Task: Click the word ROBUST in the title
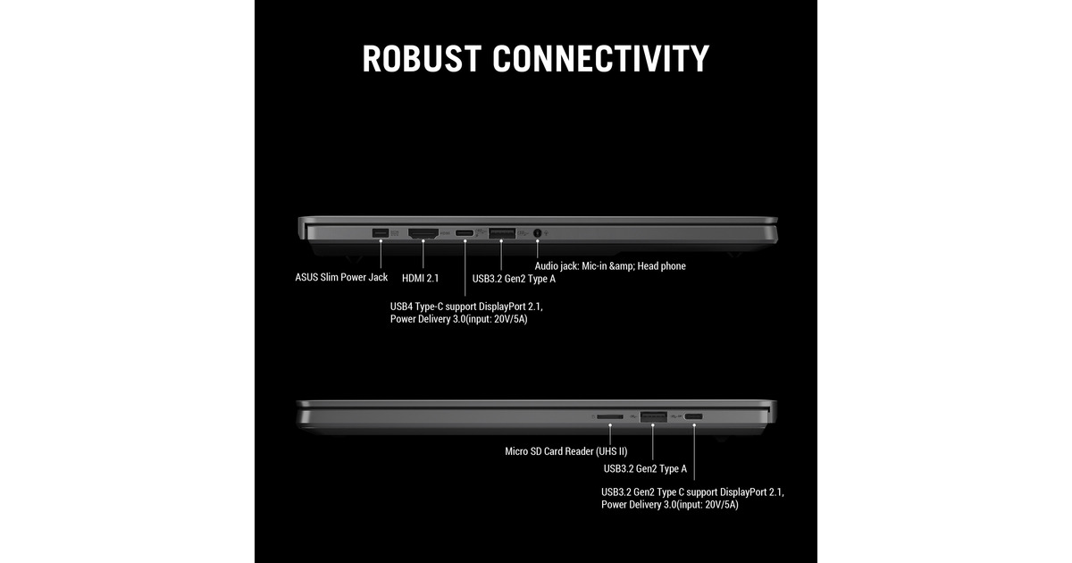(422, 59)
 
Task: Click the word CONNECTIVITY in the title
(600, 59)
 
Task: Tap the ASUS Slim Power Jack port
(381, 233)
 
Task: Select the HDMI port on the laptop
(423, 233)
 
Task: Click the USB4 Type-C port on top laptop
(465, 233)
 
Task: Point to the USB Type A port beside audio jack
(501, 233)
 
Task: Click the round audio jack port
(537, 233)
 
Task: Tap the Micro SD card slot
(610, 417)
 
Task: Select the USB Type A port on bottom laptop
(653, 416)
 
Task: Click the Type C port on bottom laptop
(693, 416)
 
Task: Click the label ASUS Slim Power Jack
(341, 278)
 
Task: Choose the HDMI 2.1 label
(420, 278)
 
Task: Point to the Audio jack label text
(610, 266)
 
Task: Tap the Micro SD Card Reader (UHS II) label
(566, 451)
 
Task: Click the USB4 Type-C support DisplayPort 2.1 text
(466, 307)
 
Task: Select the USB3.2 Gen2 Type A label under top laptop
(514, 279)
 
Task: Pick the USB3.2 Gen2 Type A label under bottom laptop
(645, 468)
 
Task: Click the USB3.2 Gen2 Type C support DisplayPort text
(692, 492)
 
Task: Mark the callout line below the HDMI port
(423, 254)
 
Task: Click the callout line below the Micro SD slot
(610, 434)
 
